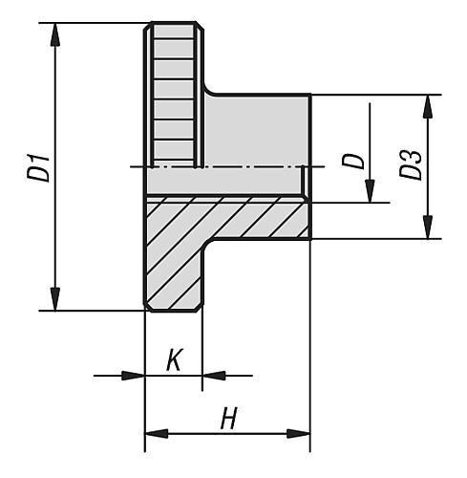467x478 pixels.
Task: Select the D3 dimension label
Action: [x=412, y=164]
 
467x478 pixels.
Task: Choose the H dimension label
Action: [x=227, y=419]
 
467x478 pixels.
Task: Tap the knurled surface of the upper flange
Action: [x=172, y=96]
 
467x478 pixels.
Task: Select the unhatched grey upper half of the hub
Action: [x=258, y=129]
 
